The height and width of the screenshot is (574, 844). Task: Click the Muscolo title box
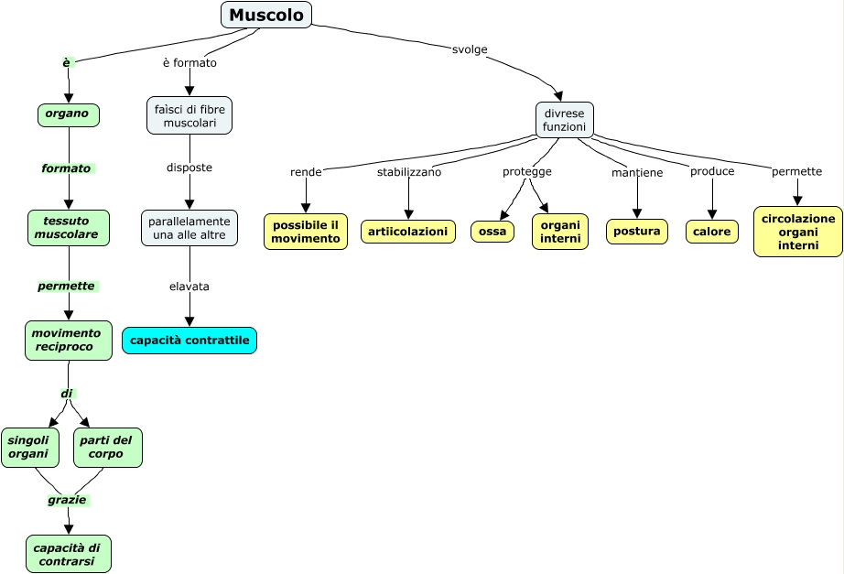[266, 15]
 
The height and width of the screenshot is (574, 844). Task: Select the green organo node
[68, 114]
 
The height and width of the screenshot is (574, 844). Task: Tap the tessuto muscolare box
[69, 228]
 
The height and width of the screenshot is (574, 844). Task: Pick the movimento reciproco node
[69, 340]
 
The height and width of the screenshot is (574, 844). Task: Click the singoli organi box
[30, 447]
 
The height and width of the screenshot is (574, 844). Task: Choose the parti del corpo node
[107, 447]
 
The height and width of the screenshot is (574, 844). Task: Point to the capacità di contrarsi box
[69, 554]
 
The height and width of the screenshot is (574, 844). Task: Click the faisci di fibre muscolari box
[189, 115]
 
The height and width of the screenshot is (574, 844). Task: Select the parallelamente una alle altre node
[189, 228]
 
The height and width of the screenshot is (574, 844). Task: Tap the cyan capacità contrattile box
[189, 341]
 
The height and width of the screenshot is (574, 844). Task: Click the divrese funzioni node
[564, 120]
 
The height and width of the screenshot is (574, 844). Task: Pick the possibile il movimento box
[306, 232]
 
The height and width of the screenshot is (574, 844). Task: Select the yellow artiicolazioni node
[408, 232]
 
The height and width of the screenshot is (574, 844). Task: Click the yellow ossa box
[492, 232]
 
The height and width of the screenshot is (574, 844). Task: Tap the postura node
[637, 232]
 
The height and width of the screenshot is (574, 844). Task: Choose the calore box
[712, 232]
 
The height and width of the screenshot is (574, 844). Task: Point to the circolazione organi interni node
[798, 232]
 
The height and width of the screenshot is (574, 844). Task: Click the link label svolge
[470, 48]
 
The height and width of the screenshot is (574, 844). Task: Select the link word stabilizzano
[409, 172]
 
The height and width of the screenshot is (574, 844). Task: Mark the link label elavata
[189, 287]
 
